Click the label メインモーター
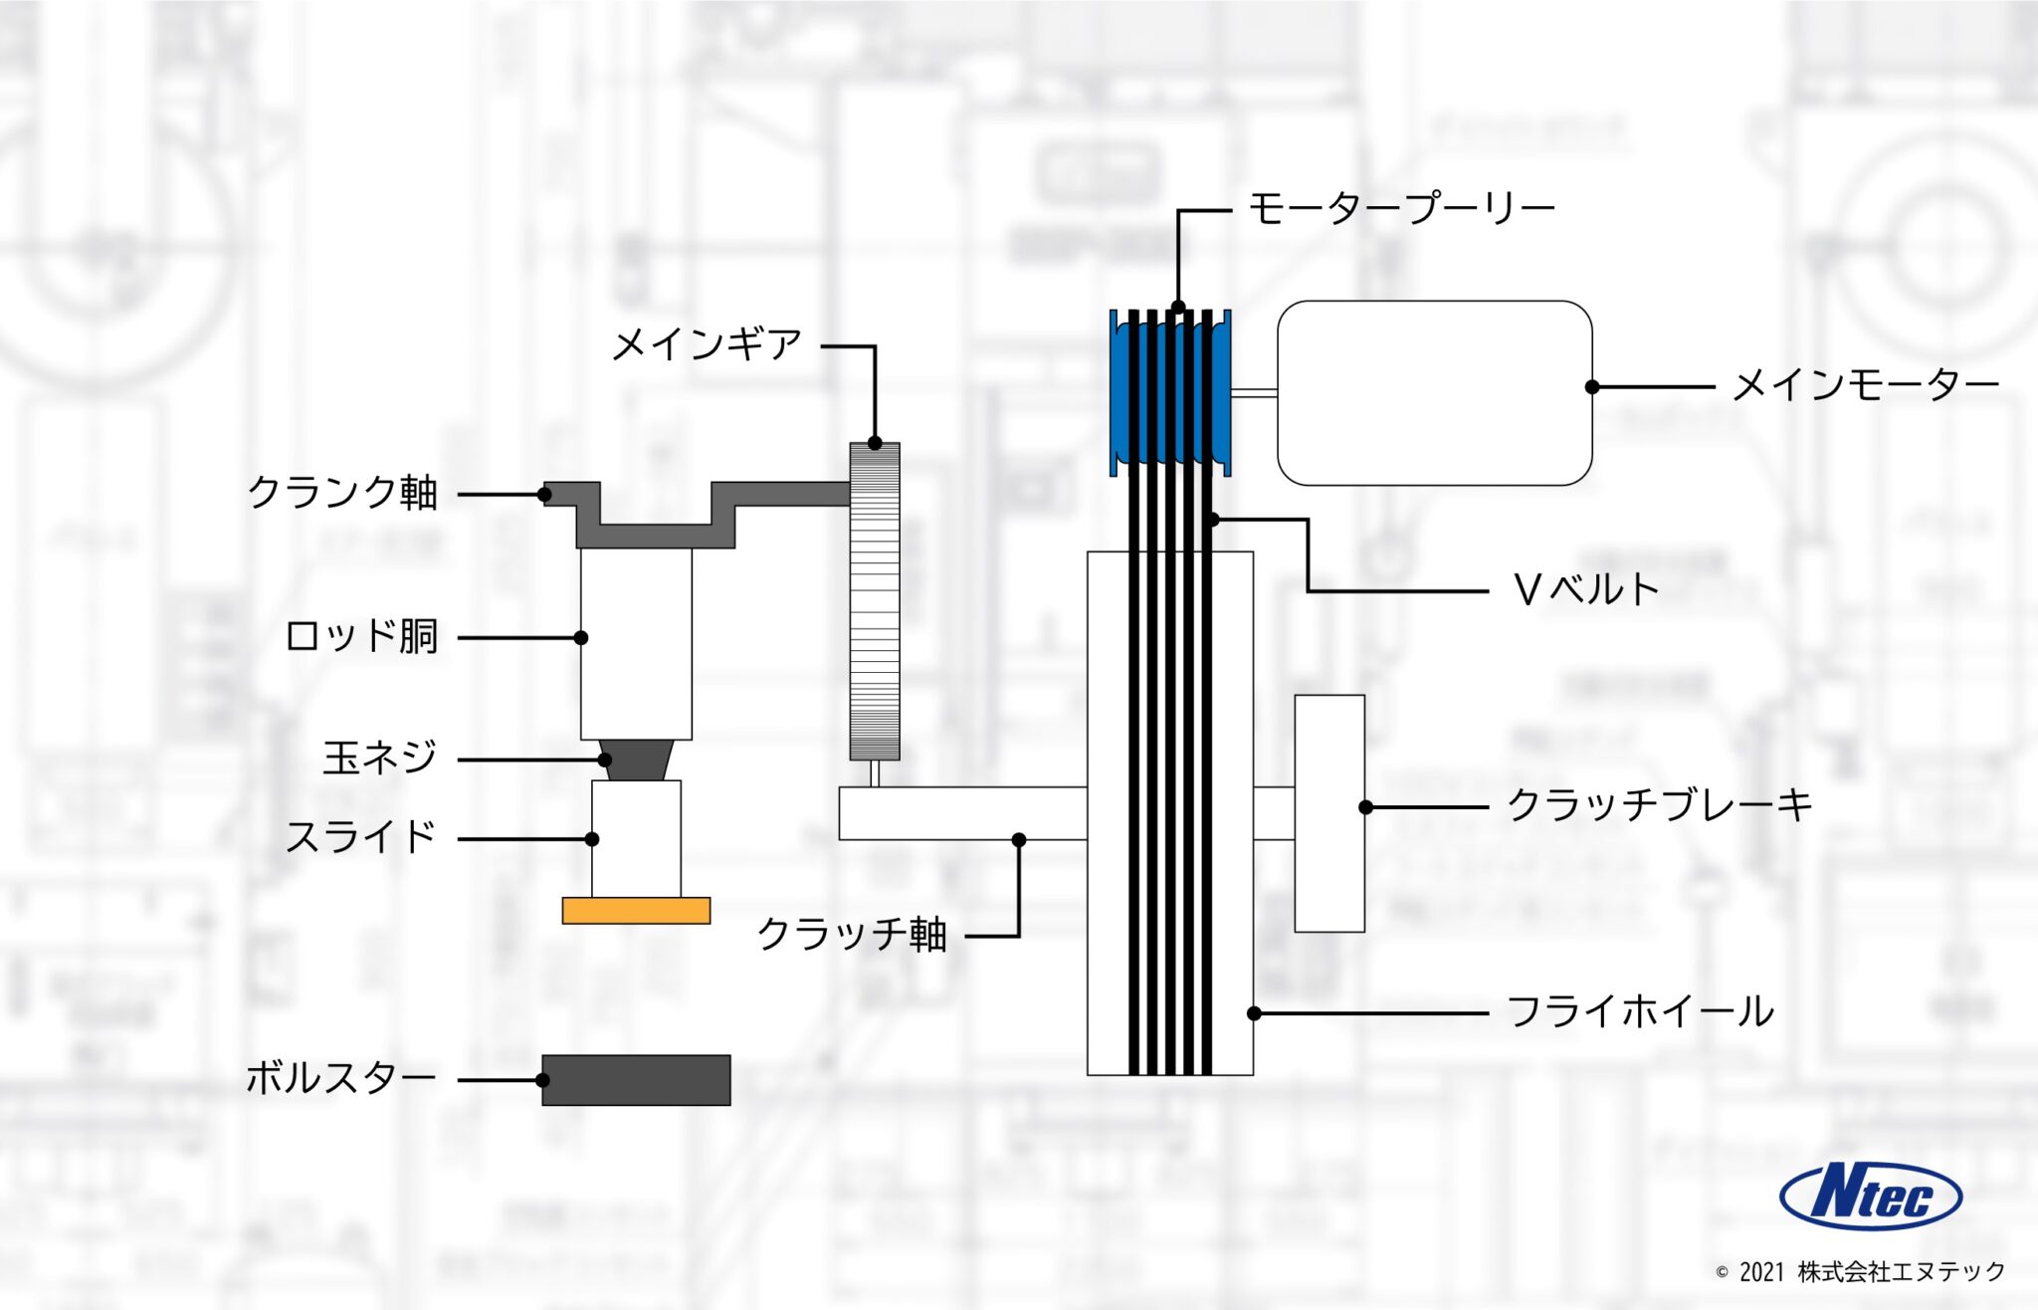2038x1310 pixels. point(1865,386)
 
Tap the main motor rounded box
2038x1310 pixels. point(1434,393)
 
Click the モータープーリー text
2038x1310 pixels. point(1401,210)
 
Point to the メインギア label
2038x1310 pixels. point(707,345)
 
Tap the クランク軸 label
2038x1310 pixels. point(342,493)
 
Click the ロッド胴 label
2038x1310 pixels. point(362,636)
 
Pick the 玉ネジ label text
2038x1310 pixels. point(380,759)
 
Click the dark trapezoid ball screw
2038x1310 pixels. point(637,760)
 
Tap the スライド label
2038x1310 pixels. point(361,837)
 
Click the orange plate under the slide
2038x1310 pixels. point(636,911)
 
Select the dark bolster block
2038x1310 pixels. point(636,1080)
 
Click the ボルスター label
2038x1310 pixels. point(340,1079)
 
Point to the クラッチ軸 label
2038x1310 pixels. point(852,935)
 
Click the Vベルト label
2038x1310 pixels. point(1586,590)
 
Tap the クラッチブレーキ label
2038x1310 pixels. point(1660,805)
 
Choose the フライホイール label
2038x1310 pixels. point(1640,1012)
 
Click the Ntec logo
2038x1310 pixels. point(1870,1196)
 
